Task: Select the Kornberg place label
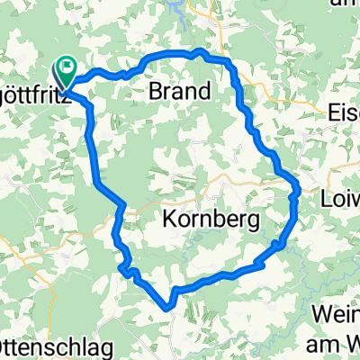click(211, 219)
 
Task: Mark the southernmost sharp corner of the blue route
click(168, 307)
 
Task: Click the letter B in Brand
click(155, 91)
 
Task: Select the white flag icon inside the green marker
click(68, 66)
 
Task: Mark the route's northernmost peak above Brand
click(199, 51)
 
